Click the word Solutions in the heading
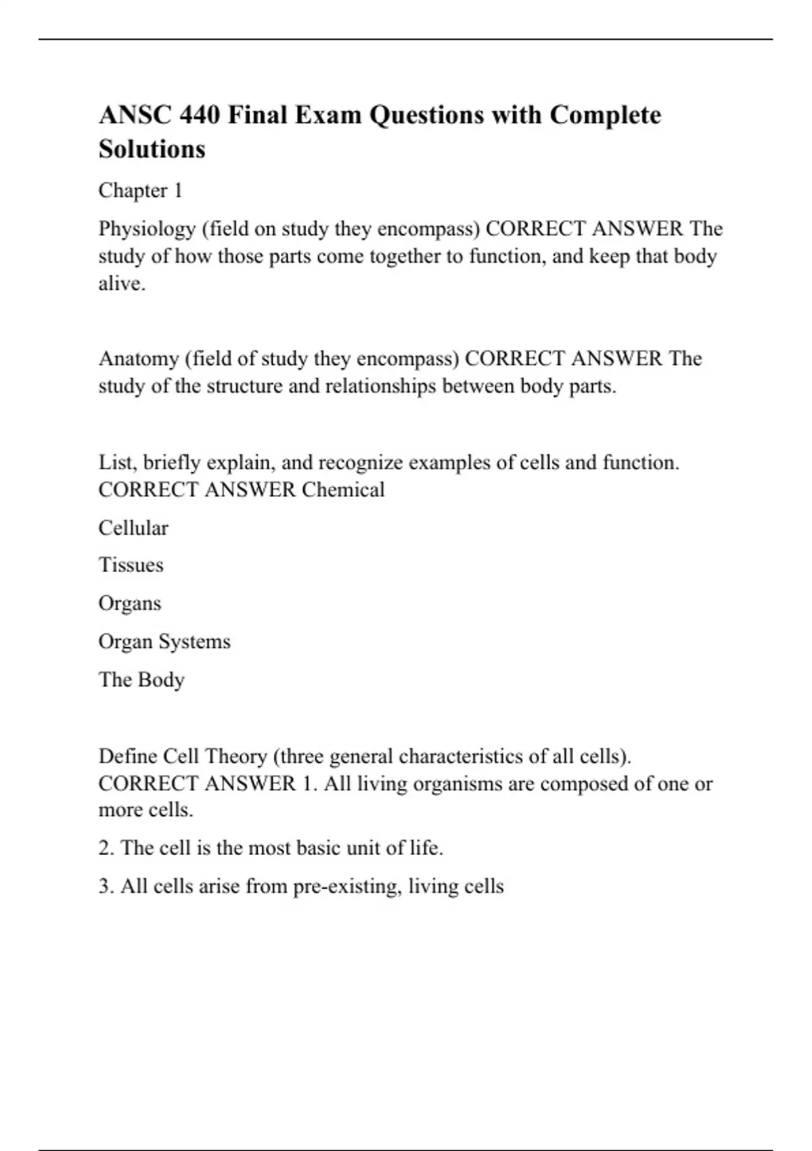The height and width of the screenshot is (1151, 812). pos(152,149)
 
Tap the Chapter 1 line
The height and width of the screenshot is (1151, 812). pos(141,190)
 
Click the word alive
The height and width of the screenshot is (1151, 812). pos(122,283)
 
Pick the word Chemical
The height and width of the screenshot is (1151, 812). pos(343,490)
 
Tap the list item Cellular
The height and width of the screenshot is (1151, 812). pos(133,527)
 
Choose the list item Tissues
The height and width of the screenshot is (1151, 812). pos(131,565)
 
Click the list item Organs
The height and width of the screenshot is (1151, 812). pos(130,603)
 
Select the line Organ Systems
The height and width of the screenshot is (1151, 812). pos(164,641)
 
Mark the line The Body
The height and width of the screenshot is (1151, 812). pos(141,679)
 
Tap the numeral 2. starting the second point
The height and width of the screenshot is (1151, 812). pos(106,848)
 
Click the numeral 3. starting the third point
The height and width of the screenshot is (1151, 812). pos(106,886)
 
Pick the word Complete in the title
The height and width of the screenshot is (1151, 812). pos(605,115)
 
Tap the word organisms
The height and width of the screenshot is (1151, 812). pos(457,783)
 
